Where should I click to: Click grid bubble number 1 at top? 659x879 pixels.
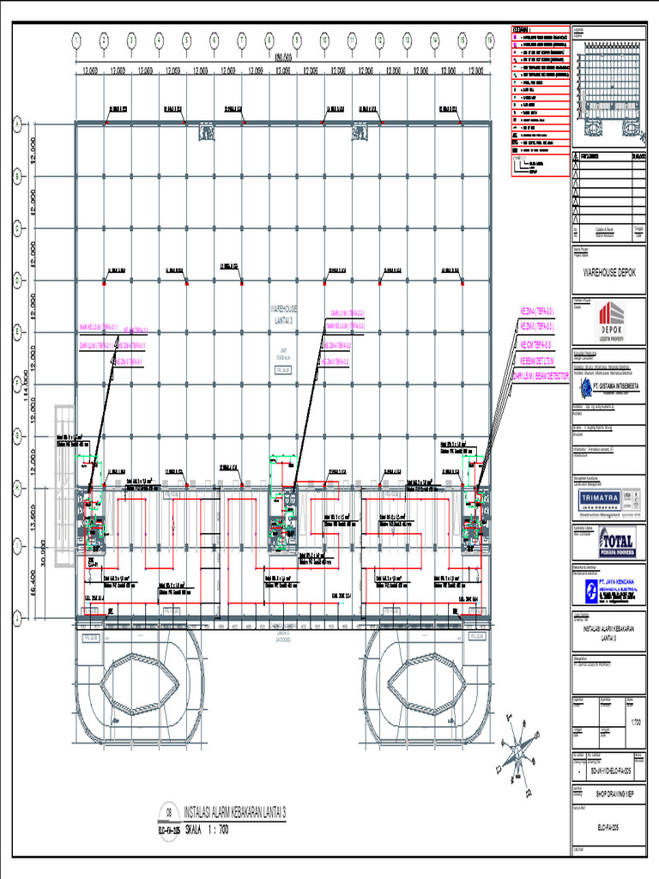point(76,39)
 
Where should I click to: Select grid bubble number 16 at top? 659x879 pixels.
point(489,39)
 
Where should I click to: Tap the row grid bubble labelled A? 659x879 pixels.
point(15,125)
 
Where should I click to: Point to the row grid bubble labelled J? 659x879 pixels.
point(15,616)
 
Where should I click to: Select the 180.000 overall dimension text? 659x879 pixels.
point(282,58)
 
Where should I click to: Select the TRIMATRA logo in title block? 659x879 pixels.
point(602,499)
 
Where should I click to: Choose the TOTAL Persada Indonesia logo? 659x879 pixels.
point(611,543)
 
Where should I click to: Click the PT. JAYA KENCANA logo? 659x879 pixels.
point(610,589)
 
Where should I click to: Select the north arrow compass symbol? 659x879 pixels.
point(519,751)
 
